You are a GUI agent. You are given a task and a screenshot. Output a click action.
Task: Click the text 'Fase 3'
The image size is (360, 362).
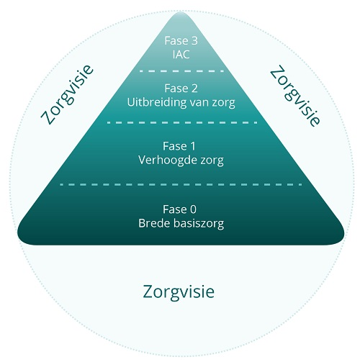pos(181,41)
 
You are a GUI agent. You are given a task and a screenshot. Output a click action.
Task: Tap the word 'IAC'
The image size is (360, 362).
pos(181,55)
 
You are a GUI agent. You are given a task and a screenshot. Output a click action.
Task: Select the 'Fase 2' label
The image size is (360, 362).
pos(181,89)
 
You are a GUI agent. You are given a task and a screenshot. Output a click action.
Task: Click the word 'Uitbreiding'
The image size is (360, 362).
pos(157,102)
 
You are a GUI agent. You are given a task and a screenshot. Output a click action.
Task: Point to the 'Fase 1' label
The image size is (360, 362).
pos(179,146)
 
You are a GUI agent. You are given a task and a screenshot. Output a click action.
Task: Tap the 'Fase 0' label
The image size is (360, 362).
pos(179,209)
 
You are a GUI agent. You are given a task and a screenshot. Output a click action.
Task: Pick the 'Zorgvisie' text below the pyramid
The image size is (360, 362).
pos(179,292)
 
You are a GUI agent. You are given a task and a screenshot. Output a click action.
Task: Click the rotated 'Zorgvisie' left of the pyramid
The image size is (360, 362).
pos(67,95)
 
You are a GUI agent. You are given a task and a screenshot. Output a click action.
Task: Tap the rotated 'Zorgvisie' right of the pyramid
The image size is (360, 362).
pos(295,96)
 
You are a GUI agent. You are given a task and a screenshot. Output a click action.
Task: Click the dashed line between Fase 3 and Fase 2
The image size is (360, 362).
pos(181,71)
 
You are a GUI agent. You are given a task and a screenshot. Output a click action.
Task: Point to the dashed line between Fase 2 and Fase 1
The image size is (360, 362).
pos(182,122)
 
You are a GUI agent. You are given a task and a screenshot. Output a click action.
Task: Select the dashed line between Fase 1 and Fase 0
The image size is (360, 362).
pos(181,184)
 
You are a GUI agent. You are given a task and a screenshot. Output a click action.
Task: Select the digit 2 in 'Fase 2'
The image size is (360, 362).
pos(194,89)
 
